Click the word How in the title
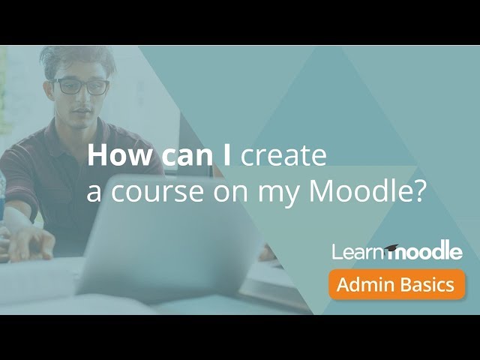click(x=111, y=156)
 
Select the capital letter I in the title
click(x=228, y=156)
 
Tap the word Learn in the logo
click(x=358, y=252)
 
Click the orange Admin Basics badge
click(x=396, y=285)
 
